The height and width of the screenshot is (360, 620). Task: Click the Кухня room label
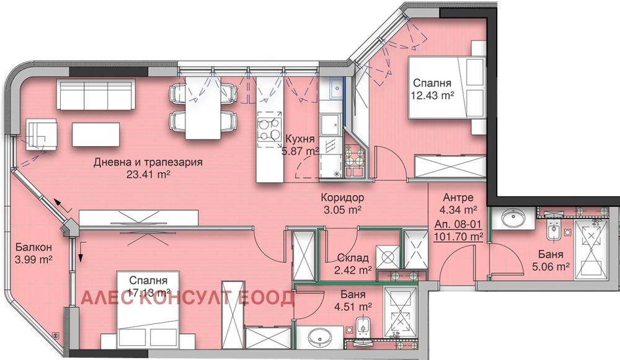click(x=300, y=139)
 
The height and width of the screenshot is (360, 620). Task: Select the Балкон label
click(x=30, y=247)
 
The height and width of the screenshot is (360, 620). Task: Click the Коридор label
click(x=342, y=198)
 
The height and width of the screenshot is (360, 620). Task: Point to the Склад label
click(x=353, y=258)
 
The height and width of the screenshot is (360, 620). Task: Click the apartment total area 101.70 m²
click(x=459, y=236)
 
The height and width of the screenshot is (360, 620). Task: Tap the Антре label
click(x=459, y=198)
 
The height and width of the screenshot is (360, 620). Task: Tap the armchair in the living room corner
click(x=41, y=133)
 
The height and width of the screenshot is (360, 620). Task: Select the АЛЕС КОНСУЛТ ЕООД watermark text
click(x=188, y=299)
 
